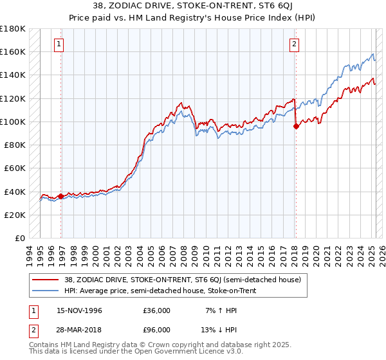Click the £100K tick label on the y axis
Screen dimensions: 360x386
(x=12, y=122)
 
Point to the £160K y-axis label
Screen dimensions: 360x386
(x=12, y=51)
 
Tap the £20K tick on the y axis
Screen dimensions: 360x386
(x=14, y=215)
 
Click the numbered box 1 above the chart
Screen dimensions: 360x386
(x=59, y=44)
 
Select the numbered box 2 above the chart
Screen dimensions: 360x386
(x=294, y=44)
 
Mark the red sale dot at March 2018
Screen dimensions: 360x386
(x=296, y=127)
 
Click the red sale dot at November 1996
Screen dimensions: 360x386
(x=61, y=196)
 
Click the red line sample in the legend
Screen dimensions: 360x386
(x=46, y=279)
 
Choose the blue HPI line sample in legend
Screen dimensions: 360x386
(x=46, y=291)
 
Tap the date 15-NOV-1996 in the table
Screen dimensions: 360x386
(x=78, y=310)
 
